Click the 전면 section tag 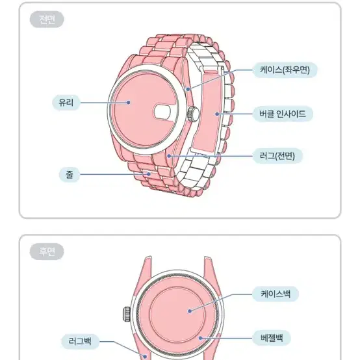coord(47,19)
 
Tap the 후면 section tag coord(47,251)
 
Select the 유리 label coord(66,102)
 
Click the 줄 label coord(70,175)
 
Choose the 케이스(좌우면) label coord(285,70)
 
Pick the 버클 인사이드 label coord(283,114)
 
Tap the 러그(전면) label coord(277,156)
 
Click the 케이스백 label coord(276,294)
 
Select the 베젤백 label coord(272,338)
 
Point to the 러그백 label coord(80,341)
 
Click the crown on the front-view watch coord(193,114)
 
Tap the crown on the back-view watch coord(127,314)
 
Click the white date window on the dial coord(162,112)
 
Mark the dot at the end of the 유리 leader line coord(129,103)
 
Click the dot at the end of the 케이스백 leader coord(190,311)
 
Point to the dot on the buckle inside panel coord(217,114)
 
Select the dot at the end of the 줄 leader coord(149,174)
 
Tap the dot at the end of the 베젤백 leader coord(200,338)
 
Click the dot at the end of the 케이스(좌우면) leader coord(188,89)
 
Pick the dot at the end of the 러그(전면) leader coord(169,156)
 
